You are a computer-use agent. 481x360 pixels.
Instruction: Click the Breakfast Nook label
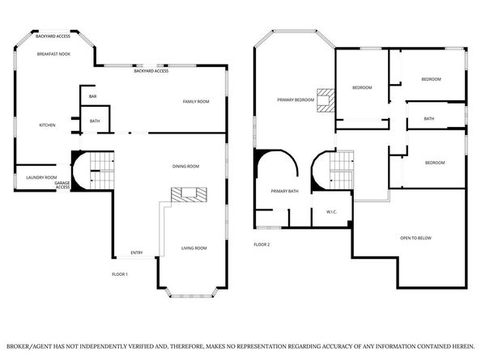click(53, 54)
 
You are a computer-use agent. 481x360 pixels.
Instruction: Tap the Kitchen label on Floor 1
click(47, 125)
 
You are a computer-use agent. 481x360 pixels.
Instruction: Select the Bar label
click(92, 96)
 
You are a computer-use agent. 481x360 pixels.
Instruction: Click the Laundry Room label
click(41, 177)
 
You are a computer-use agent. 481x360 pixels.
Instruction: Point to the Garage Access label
click(62, 185)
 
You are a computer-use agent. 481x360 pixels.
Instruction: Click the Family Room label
click(196, 101)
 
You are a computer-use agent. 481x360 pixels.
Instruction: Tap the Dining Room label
click(185, 167)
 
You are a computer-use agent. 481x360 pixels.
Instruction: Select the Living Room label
click(194, 248)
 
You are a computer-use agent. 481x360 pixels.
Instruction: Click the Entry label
click(137, 252)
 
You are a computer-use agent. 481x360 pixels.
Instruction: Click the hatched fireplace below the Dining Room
click(189, 194)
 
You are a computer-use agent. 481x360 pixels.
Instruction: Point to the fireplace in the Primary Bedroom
click(326, 100)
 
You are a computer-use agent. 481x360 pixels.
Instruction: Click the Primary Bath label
click(285, 191)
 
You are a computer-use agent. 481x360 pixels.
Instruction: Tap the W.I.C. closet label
click(331, 212)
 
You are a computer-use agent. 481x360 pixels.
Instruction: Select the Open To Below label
click(415, 238)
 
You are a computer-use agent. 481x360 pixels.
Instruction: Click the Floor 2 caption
click(262, 244)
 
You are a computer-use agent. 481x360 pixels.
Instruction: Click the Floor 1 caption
click(120, 274)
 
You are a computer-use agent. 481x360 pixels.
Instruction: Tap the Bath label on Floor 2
click(429, 119)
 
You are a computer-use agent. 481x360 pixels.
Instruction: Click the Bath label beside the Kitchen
click(95, 121)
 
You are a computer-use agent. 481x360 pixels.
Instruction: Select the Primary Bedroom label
click(296, 100)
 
